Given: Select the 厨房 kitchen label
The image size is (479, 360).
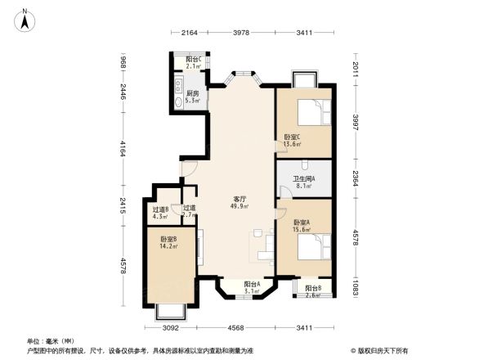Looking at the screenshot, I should (193, 94).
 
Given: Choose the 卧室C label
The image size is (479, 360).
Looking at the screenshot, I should (292, 137).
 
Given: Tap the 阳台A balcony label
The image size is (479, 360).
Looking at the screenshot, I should (251, 284).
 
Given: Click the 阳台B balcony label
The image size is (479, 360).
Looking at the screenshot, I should (312, 289).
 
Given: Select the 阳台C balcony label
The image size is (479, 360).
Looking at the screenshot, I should (194, 60).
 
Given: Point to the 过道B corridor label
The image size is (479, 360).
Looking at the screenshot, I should (160, 209).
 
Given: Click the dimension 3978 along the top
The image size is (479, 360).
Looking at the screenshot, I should (240, 33).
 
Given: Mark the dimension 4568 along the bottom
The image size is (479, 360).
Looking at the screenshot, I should (237, 328).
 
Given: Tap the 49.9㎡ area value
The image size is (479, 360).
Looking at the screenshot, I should (239, 207).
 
